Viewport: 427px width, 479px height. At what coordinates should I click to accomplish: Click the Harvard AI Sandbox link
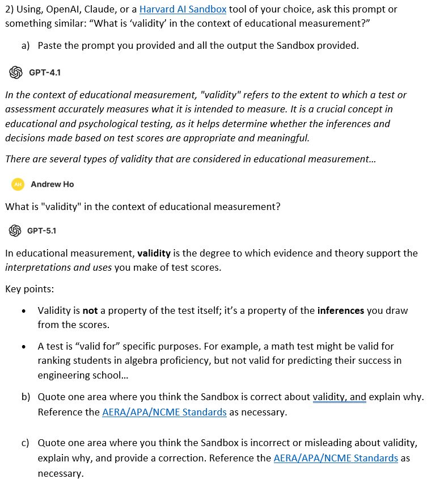pos(182,10)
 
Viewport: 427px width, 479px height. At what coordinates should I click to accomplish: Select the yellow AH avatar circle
pos(18,184)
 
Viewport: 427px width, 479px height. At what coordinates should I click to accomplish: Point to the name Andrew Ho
pos(52,184)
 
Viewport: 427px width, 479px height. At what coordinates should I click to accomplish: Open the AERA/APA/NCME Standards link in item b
pos(164,412)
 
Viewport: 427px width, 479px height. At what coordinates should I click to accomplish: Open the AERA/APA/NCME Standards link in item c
pos(336,458)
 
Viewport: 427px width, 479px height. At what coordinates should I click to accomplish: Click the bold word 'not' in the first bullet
pos(90,310)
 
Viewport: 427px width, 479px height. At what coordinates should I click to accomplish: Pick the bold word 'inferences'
pos(341,310)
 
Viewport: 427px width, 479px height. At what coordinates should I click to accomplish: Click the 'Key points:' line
pos(29,289)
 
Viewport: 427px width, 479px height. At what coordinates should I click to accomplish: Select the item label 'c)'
pos(26,443)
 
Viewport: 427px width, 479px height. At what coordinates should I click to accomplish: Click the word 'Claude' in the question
pos(99,10)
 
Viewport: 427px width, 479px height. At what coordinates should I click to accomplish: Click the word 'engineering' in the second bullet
pos(63,375)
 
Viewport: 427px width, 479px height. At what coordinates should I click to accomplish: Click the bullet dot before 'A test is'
pos(23,346)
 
